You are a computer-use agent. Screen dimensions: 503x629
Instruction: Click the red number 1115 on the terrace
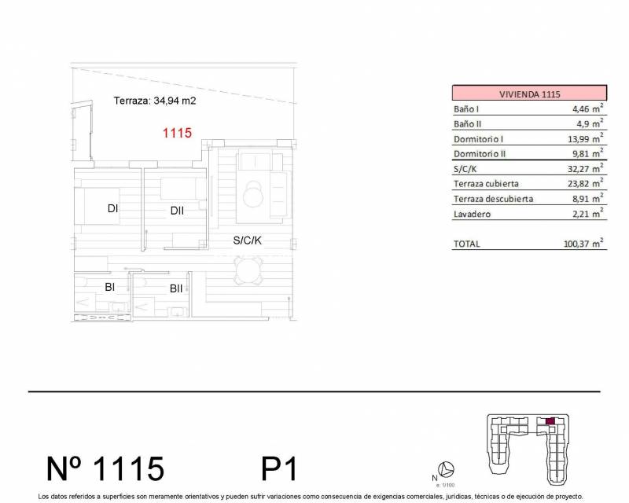tap(177, 133)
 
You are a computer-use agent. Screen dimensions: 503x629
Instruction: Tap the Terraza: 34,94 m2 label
tap(154, 101)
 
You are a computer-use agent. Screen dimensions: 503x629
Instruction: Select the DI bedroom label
tap(113, 209)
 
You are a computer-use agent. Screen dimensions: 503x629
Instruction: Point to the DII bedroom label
tap(176, 210)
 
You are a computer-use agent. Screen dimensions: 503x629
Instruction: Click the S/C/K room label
tap(247, 241)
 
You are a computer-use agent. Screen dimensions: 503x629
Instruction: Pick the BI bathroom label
tap(110, 288)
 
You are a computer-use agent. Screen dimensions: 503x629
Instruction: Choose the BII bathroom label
tap(176, 288)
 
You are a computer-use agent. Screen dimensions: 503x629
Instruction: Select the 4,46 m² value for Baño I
tap(588, 109)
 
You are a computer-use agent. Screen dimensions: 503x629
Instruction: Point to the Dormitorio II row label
tap(482, 154)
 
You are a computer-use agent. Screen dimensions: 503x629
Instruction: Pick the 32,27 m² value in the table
tap(587, 169)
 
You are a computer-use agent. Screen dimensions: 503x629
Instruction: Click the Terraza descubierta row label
tap(493, 199)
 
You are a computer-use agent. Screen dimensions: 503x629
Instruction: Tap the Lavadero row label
tap(473, 214)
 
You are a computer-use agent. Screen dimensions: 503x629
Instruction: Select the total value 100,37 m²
tap(583, 244)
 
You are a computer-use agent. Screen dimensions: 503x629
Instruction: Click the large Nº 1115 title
tap(105, 468)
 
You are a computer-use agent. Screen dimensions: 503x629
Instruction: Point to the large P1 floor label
tap(279, 469)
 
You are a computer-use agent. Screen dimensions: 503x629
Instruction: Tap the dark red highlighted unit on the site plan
tap(550, 422)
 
